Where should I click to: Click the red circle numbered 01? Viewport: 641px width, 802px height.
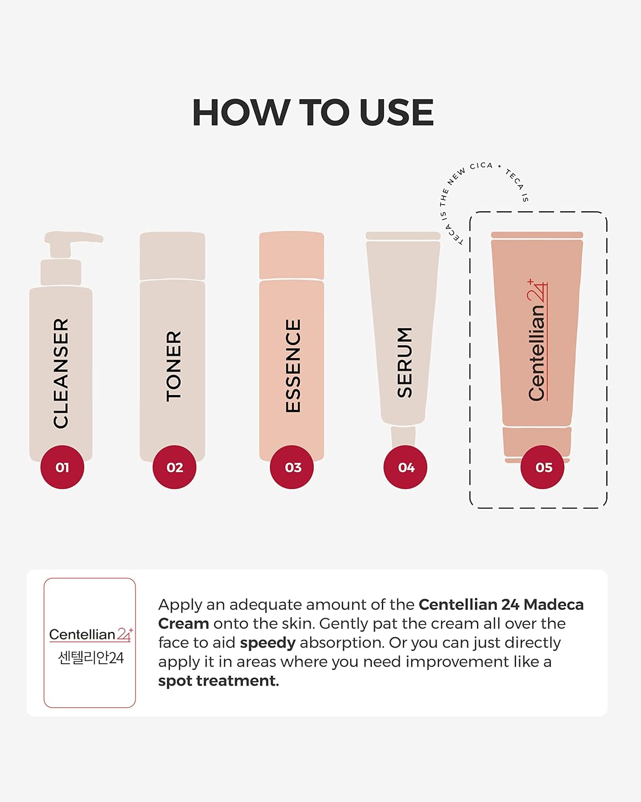coord(62,467)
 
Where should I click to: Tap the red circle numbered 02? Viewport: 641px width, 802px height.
coord(175,467)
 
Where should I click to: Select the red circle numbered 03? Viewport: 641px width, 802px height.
coord(292,467)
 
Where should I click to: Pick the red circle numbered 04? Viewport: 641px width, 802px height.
coord(405,467)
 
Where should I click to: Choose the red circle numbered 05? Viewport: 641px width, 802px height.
coord(543,467)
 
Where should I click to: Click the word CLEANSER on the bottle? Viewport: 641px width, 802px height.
coord(61,373)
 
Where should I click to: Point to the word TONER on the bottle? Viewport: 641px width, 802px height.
coord(174,366)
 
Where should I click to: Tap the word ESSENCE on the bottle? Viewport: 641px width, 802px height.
coord(293,366)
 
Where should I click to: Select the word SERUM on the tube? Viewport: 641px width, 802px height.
coord(405,362)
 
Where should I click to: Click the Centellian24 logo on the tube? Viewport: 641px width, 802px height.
coord(537,341)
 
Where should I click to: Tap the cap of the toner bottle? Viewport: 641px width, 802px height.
coord(172,256)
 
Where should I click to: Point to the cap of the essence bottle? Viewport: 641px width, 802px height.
coord(292,255)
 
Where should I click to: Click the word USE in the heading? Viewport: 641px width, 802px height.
coord(396,113)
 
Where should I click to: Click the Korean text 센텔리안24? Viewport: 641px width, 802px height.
coord(90,658)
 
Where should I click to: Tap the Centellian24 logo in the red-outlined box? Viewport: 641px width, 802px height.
coord(90,634)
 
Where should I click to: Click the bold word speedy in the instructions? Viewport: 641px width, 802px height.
coord(267,643)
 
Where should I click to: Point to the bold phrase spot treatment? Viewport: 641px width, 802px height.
coord(218,681)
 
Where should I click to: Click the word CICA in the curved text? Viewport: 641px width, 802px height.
coord(481,166)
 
